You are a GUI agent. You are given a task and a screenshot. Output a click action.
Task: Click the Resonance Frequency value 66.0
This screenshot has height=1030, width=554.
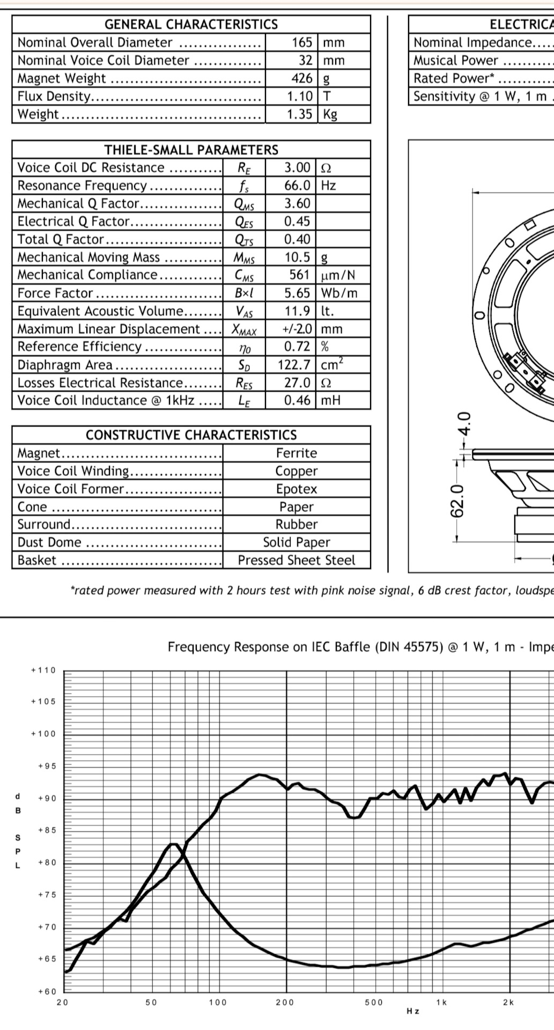coord(297,186)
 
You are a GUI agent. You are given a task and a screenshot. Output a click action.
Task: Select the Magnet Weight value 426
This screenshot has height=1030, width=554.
coord(302,78)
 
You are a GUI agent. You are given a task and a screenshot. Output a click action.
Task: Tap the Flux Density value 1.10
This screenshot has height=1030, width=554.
coord(299,97)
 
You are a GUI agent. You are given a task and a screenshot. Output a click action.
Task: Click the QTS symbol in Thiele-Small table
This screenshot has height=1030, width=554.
coord(244,240)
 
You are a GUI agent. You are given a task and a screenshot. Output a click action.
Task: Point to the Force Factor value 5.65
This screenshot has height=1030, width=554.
coord(297,293)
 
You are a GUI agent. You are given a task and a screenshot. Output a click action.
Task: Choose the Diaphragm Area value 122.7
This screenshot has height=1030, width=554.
coord(294,365)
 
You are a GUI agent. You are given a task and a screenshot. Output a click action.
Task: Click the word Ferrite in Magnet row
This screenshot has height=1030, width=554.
coord(297,453)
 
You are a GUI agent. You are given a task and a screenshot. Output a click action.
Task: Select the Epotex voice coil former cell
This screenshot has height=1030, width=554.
coord(297,489)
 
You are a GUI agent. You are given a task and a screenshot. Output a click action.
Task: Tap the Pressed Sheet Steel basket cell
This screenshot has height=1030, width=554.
coord(297,561)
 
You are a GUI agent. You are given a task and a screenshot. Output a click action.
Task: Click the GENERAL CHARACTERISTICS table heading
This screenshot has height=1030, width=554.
coord(191,24)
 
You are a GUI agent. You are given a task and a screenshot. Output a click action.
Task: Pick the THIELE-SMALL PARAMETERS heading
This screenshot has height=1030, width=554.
coord(191,150)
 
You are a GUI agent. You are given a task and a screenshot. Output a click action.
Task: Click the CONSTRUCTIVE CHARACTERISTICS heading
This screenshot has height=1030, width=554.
coord(191,435)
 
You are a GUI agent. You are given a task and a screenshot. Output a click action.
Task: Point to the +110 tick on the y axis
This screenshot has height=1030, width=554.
coord(43,670)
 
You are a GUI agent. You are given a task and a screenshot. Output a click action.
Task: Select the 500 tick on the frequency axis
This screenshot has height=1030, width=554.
coord(374,1002)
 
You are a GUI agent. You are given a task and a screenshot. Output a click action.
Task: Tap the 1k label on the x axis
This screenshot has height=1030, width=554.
coord(441,1002)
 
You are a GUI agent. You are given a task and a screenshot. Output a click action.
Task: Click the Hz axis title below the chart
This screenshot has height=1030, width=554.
coord(413,1011)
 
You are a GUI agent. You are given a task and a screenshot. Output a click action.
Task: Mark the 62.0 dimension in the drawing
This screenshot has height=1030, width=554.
coord(456,502)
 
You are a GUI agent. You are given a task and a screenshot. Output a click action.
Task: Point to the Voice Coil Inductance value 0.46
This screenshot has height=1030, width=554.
coord(297,400)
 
